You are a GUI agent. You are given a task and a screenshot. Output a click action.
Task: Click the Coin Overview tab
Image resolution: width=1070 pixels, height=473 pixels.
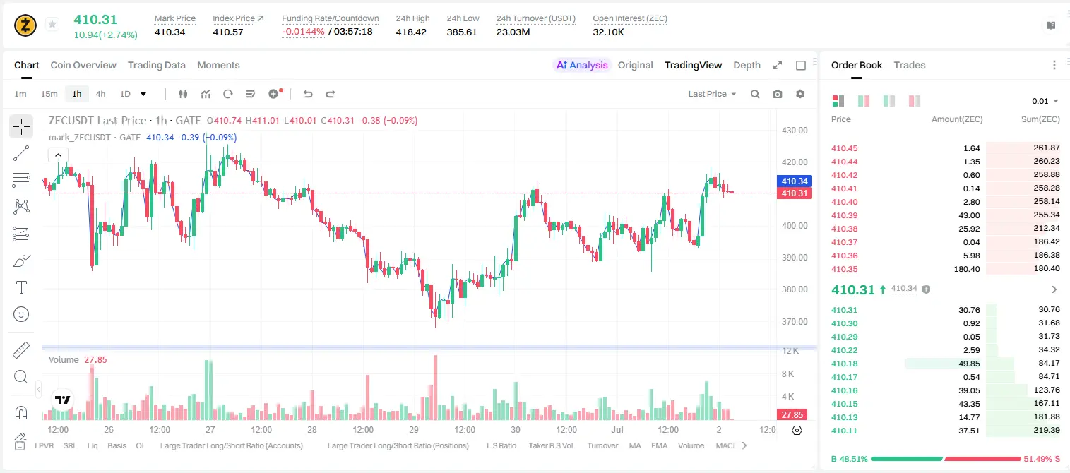(x=83, y=65)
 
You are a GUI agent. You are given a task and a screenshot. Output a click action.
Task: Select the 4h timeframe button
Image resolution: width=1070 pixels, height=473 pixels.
(x=100, y=94)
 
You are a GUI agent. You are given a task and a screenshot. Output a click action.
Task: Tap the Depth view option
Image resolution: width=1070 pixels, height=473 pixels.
(x=747, y=65)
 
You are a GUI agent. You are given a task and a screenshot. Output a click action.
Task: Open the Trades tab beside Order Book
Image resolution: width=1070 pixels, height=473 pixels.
(x=910, y=65)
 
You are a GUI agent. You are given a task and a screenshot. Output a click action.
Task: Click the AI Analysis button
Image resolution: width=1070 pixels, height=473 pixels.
(x=582, y=65)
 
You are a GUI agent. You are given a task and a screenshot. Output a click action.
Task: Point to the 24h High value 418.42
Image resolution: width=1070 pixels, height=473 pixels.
(x=411, y=32)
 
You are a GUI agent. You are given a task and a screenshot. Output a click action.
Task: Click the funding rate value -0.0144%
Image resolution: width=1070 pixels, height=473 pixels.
(x=303, y=32)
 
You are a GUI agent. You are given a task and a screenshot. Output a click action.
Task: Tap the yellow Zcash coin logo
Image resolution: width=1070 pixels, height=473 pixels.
(x=25, y=25)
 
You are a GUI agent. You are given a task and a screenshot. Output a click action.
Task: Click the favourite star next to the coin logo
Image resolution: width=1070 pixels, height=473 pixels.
(x=52, y=24)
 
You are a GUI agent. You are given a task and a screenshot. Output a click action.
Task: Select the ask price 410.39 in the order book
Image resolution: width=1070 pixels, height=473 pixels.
(x=844, y=215)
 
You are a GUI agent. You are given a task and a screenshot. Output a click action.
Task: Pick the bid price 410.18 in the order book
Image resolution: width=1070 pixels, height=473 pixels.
(x=844, y=364)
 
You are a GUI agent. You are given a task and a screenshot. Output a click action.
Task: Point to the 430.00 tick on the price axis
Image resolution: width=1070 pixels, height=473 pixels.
(x=795, y=131)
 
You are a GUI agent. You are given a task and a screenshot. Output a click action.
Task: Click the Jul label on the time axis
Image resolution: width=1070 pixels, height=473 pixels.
(x=617, y=429)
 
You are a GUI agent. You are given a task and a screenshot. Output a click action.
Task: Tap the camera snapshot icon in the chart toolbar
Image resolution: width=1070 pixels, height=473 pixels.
(x=778, y=94)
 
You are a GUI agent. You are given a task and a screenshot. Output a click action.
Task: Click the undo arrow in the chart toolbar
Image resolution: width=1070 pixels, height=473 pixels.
(x=308, y=94)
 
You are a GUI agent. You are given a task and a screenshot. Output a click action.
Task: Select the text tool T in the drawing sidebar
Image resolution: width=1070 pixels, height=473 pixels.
(x=21, y=287)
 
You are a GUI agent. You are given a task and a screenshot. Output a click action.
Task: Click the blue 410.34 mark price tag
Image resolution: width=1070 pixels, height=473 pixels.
(x=794, y=181)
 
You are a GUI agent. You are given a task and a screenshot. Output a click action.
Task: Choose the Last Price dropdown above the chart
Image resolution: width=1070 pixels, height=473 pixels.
(x=712, y=94)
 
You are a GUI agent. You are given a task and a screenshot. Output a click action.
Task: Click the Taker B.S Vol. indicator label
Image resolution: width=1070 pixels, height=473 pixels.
(x=551, y=445)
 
